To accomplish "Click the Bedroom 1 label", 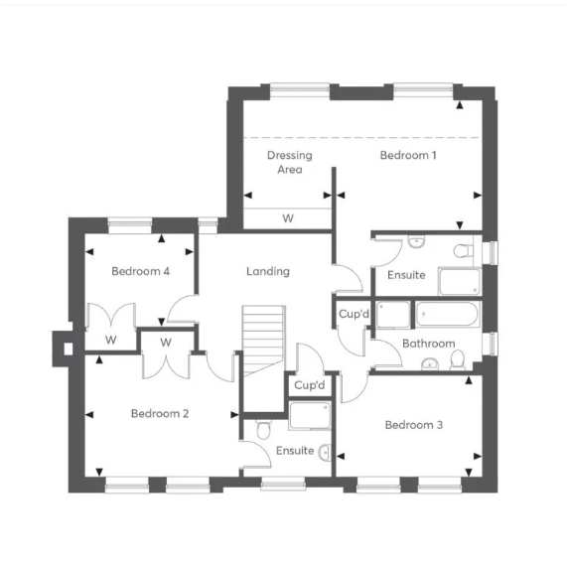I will [408, 155].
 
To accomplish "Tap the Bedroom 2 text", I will [160, 413].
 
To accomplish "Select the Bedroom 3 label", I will [414, 425].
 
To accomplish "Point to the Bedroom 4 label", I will [140, 271].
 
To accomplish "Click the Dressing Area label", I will [289, 162].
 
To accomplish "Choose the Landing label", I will [268, 271].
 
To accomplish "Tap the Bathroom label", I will [428, 344].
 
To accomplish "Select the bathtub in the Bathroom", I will [447, 317].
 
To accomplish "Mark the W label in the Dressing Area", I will [288, 217].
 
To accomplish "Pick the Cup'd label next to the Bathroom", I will [354, 315].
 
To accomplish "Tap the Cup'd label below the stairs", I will [310, 385].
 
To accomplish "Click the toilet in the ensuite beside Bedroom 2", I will [261, 429].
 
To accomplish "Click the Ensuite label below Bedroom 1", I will [406, 275].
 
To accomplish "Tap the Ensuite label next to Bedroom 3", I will [295, 451].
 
